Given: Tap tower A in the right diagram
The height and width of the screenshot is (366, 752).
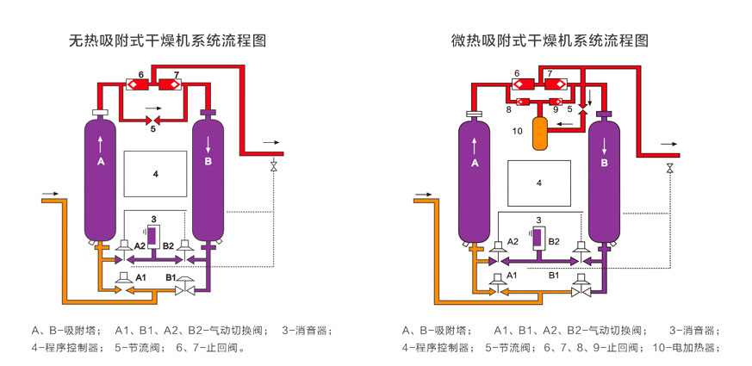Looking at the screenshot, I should (475, 181).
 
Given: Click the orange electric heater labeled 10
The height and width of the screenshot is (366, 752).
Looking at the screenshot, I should (541, 134).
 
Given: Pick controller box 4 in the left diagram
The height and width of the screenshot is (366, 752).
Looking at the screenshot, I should (156, 174).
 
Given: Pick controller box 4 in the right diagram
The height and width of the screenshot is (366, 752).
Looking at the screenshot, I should (538, 183).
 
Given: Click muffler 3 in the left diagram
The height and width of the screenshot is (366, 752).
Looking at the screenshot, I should (154, 235).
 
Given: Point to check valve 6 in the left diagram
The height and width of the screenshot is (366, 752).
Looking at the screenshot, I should (136, 84).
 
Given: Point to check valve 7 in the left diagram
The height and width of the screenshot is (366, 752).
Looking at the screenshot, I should (170, 84).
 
